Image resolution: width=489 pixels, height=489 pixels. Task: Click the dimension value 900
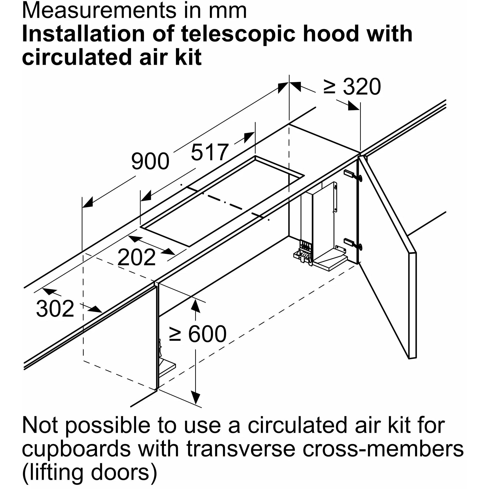click(x=150, y=161)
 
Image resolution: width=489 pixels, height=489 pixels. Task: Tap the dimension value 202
click(x=137, y=257)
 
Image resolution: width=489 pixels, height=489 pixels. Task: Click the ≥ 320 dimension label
click(x=352, y=87)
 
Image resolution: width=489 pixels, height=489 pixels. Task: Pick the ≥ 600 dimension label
click(x=198, y=334)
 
